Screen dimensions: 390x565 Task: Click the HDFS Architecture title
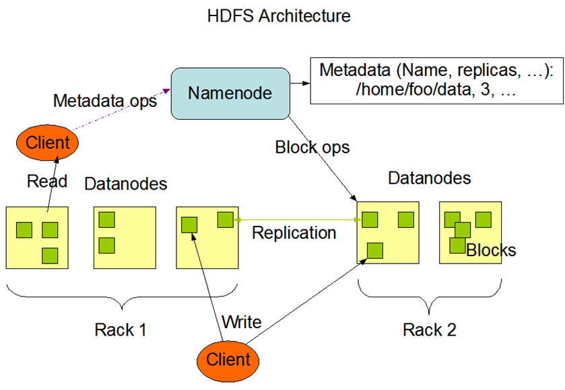point(279,15)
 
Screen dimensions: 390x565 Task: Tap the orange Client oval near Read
point(48,143)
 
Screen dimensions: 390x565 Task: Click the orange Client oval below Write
point(228,359)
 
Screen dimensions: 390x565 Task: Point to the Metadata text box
point(436,81)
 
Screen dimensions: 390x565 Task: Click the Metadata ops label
point(104,101)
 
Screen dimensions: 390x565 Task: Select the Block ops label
point(312,147)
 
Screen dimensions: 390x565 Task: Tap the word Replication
point(294,233)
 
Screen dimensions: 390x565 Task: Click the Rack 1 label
point(121,329)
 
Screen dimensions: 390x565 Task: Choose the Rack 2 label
point(429,329)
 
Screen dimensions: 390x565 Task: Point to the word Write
point(241,321)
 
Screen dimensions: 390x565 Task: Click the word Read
point(47,181)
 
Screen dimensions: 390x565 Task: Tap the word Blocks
point(491,250)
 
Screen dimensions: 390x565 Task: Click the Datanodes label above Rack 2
point(429,179)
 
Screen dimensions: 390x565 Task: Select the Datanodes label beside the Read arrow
point(126,183)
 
